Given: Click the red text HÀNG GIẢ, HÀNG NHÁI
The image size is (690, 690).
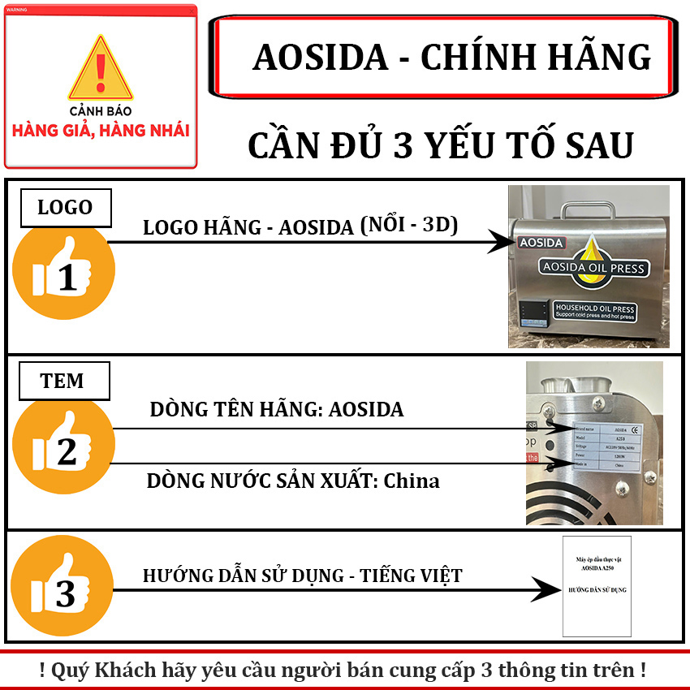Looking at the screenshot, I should [101, 130].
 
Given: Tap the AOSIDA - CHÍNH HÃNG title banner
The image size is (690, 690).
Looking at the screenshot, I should [442, 57].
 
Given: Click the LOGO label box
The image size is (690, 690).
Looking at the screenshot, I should [65, 208].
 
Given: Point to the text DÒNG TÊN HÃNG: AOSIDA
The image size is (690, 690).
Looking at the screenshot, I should [276, 409].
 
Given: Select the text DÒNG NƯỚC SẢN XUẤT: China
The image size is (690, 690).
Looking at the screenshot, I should [293, 481].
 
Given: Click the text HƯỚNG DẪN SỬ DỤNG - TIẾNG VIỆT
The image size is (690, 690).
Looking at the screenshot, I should [302, 576].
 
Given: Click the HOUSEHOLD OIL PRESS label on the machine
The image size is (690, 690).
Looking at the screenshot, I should [594, 313].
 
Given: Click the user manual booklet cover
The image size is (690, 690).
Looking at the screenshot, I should [597, 584].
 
